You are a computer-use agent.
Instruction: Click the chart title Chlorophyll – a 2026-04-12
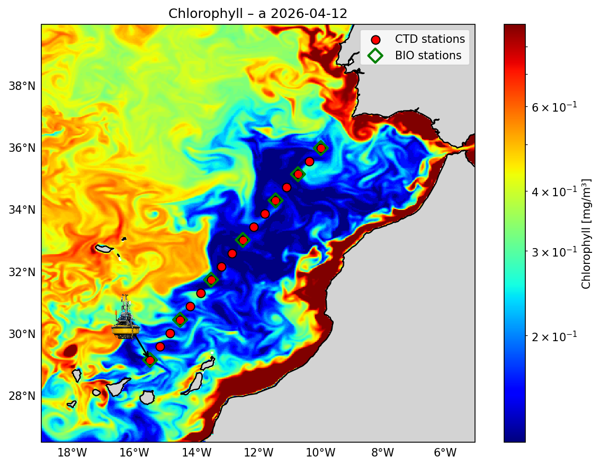click(x=258, y=14)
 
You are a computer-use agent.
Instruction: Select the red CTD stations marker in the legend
click(x=375, y=39)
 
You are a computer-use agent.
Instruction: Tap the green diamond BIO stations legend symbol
click(x=375, y=55)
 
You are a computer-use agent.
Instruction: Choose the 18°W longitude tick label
click(x=72, y=453)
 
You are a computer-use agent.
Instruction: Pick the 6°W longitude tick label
click(x=445, y=453)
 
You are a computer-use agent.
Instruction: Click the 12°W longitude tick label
click(x=258, y=453)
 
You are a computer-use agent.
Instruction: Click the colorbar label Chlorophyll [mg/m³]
click(x=586, y=233)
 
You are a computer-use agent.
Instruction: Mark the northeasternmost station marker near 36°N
click(x=321, y=148)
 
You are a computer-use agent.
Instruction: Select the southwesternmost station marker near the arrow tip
click(x=150, y=360)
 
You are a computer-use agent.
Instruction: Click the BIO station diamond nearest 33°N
click(x=243, y=240)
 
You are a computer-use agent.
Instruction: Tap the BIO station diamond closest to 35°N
click(x=298, y=174)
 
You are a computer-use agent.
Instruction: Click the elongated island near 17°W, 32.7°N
click(x=104, y=248)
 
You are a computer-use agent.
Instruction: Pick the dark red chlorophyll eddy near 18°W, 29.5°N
click(x=70, y=350)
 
